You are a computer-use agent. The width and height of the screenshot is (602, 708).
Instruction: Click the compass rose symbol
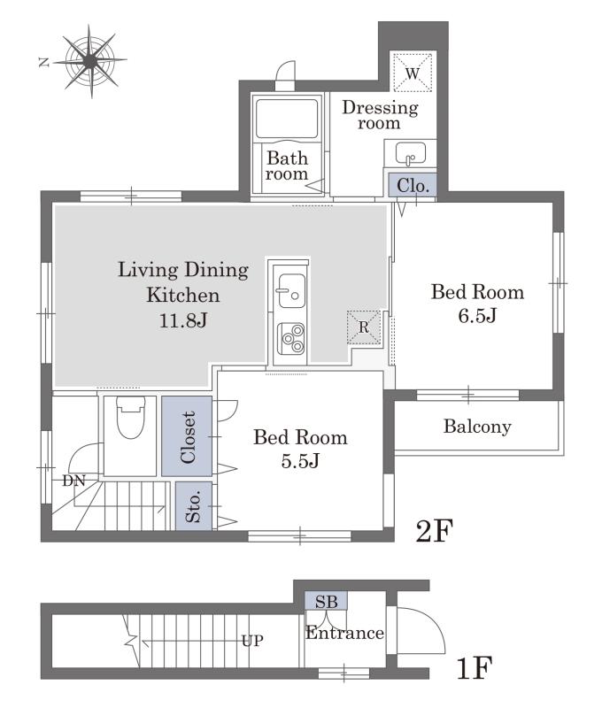click(x=90, y=61)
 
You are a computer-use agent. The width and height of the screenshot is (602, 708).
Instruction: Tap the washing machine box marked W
click(x=413, y=73)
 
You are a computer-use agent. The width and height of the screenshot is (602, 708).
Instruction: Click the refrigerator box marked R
click(x=364, y=327)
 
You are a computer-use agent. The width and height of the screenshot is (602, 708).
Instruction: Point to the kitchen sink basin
click(x=290, y=291)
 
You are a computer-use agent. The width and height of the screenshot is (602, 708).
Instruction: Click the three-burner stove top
click(x=291, y=338)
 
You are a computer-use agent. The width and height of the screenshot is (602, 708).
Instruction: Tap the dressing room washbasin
click(x=410, y=153)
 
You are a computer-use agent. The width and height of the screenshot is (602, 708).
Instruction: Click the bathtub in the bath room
click(x=286, y=119)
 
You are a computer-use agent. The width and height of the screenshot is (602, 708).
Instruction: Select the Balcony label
click(x=477, y=427)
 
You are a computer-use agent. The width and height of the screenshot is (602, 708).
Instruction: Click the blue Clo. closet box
click(x=413, y=185)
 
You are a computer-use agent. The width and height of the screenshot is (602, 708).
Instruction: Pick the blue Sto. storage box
click(x=193, y=505)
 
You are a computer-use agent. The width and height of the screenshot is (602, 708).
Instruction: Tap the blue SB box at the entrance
click(x=326, y=601)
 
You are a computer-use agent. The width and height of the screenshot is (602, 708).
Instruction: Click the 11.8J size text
click(x=183, y=320)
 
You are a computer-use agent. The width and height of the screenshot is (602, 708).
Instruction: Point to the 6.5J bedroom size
click(x=477, y=315)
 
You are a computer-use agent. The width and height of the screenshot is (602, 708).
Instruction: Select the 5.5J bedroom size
click(x=300, y=461)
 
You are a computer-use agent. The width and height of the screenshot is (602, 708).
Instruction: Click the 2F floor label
click(x=434, y=531)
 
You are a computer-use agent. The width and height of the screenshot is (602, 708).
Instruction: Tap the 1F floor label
click(x=474, y=668)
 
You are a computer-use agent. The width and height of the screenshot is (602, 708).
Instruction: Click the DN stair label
click(x=74, y=481)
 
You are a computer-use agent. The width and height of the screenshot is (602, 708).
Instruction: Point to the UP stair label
click(x=252, y=641)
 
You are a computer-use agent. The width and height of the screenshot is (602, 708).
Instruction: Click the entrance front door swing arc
click(x=433, y=619)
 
